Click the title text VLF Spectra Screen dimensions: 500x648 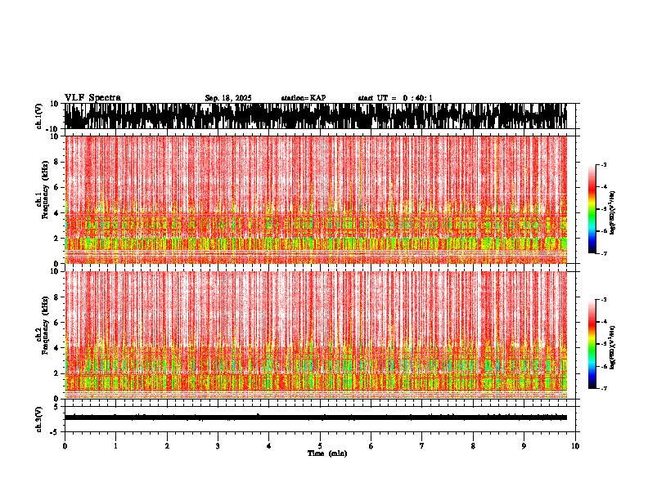tap(92, 98)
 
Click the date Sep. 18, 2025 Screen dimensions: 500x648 tap(228, 98)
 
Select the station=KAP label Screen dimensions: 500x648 tap(304, 98)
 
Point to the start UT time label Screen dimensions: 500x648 tap(395, 98)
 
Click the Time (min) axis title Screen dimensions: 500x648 tap(326, 453)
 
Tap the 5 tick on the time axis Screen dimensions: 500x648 tap(320, 446)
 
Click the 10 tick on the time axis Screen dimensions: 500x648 tap(575, 446)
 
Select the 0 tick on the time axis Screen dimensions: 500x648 tap(65, 446)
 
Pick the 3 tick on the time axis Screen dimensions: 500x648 tap(218, 446)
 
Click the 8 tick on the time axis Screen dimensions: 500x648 tap(473, 446)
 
